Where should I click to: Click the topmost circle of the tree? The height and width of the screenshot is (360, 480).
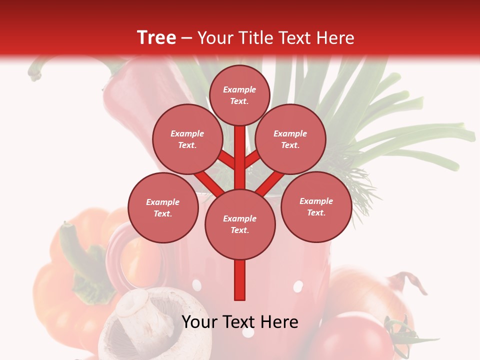coord(239,95)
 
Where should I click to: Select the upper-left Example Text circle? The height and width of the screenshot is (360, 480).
coord(187,139)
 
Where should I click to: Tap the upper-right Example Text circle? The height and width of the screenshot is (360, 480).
coord(290,139)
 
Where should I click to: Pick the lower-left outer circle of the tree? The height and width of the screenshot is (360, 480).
coord(163,207)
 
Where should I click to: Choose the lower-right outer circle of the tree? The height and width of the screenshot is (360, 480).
coord(316,206)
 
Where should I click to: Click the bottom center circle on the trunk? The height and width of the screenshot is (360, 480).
coord(240,224)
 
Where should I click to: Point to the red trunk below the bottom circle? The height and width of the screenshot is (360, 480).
coord(240,280)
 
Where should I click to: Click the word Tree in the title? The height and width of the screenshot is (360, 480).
coord(156,38)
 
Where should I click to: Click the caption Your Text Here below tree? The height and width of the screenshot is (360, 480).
coord(240,322)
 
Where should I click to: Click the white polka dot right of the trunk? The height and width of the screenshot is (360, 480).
coord(298,286)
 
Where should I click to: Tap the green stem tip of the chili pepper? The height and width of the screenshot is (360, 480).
coord(35,74)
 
